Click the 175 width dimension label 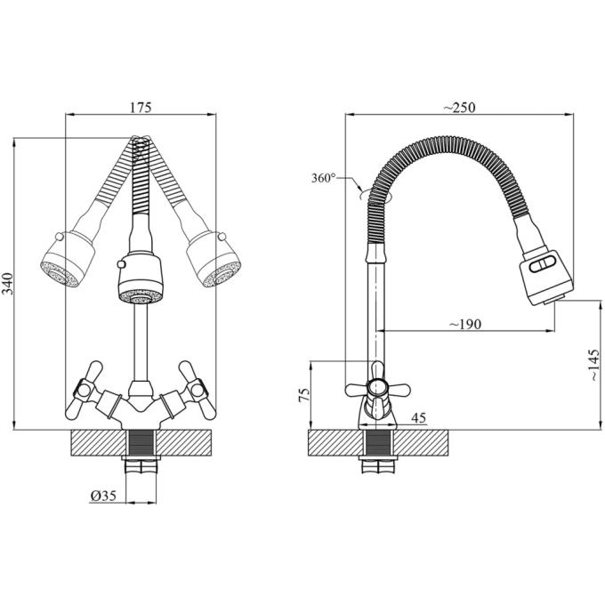point(141,108)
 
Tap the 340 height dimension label point(8,284)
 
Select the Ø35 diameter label point(103,496)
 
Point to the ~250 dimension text point(459,108)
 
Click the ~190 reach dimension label point(465,324)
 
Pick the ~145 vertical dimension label point(594,366)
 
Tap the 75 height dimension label point(304,395)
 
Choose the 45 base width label point(419,417)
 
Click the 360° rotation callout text point(323,178)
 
